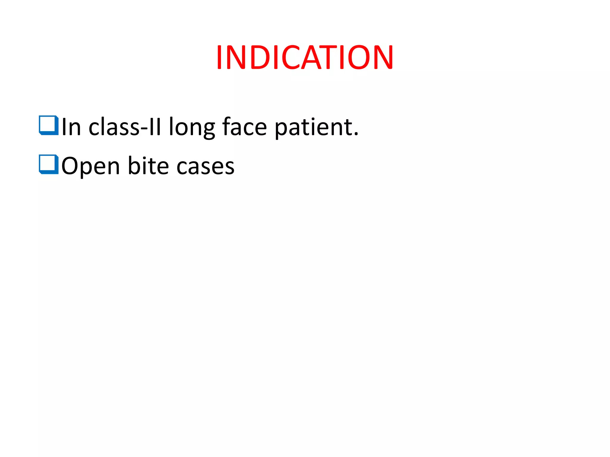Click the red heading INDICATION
pos(305,57)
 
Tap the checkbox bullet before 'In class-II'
pos(49,125)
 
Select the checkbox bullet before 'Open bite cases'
pos(49,164)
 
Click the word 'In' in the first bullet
pos(71,127)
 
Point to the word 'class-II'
pos(125,127)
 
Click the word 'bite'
pos(148,166)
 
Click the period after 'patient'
pos(356,134)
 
